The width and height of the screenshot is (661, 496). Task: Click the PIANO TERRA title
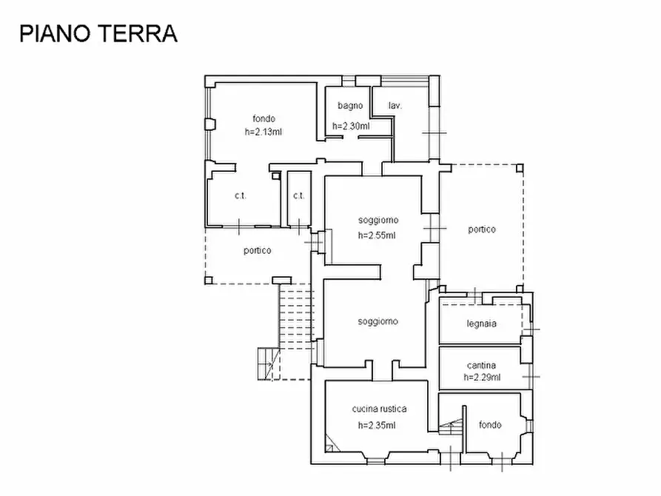[98, 33]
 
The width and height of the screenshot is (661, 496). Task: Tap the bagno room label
[350, 106]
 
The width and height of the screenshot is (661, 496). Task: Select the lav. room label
[395, 106]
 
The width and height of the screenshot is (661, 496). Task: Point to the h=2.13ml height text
[264, 131]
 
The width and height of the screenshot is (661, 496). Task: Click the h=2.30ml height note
[351, 126]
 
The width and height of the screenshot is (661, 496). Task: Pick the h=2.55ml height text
[377, 235]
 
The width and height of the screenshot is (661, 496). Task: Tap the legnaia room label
[481, 324]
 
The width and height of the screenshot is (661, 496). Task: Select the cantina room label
[481, 365]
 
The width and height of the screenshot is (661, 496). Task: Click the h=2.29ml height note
[482, 377]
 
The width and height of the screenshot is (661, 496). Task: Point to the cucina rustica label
[379, 409]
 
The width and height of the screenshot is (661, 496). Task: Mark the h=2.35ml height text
[377, 425]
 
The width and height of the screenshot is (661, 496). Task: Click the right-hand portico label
[481, 229]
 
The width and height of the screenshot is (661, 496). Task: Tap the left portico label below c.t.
[257, 250]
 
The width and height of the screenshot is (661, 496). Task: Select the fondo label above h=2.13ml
[264, 118]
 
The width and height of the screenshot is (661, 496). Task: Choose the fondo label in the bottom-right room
[489, 425]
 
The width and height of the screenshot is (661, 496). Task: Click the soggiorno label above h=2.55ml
[378, 220]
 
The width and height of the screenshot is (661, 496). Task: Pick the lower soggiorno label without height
[378, 321]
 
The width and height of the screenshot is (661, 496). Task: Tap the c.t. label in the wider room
[240, 195]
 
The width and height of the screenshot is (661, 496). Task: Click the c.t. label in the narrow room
[298, 195]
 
